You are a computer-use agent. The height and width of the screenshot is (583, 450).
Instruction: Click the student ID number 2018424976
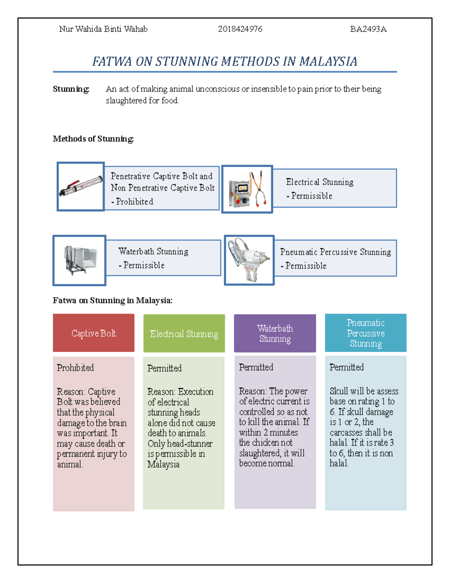pyautogui.click(x=240, y=29)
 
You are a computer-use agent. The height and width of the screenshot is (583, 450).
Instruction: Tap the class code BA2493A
pyautogui.click(x=368, y=29)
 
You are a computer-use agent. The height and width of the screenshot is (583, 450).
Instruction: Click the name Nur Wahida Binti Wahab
pyautogui.click(x=103, y=29)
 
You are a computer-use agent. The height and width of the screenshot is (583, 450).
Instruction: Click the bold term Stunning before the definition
pyautogui.click(x=71, y=89)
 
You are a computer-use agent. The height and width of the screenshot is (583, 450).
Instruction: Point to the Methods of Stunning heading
pyautogui.click(x=93, y=139)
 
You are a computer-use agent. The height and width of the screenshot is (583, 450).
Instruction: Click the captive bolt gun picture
pyautogui.click(x=81, y=187)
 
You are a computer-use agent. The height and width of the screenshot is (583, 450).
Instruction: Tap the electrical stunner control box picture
pyautogui.click(x=247, y=189)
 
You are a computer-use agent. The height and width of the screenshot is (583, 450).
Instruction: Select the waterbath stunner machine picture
pyautogui.click(x=79, y=261)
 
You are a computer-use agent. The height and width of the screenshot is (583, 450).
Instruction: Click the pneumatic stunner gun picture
pyautogui.click(x=249, y=260)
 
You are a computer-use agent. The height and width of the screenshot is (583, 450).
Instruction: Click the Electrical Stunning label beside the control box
pyautogui.click(x=319, y=182)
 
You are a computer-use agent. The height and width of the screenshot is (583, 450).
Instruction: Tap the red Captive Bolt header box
pyautogui.click(x=94, y=333)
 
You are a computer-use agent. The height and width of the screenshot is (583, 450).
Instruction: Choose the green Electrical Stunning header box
pyautogui.click(x=184, y=334)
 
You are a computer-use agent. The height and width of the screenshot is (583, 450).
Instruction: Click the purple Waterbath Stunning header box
pyautogui.click(x=275, y=333)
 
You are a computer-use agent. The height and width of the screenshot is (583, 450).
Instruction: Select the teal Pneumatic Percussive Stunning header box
pyautogui.click(x=366, y=333)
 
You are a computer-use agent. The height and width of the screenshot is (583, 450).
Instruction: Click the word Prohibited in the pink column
pyautogui.click(x=75, y=368)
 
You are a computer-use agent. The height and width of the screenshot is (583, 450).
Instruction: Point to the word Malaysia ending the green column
pyautogui.click(x=163, y=464)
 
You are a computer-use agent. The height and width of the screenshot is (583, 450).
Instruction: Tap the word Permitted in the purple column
pyautogui.click(x=256, y=367)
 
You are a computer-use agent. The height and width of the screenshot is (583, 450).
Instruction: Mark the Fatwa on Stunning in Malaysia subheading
pyautogui.click(x=112, y=300)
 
